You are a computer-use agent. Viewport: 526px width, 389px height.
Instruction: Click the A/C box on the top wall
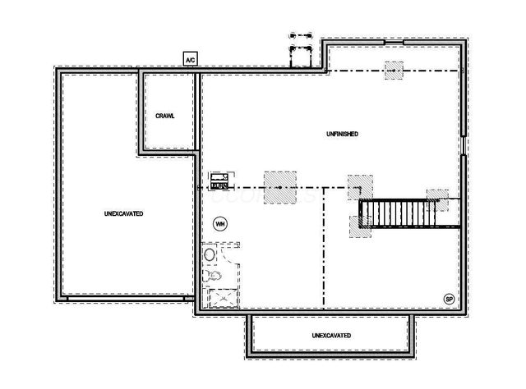[190, 59]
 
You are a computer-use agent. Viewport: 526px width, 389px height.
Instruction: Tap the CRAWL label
[165, 116]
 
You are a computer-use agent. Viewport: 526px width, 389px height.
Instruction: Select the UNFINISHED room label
[340, 134]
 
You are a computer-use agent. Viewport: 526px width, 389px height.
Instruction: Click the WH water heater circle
[219, 222]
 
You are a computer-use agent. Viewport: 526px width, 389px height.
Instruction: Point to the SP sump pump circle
[449, 298]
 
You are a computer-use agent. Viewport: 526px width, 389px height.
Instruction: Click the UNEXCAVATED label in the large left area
[124, 213]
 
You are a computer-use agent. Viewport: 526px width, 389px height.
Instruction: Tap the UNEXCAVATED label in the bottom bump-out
[332, 336]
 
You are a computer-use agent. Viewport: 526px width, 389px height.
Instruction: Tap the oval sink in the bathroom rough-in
[210, 255]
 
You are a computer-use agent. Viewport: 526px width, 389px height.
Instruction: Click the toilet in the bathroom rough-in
[208, 275]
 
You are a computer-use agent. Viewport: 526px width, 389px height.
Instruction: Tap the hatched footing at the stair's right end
[437, 199]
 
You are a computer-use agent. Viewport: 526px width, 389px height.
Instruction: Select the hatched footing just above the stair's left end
[360, 186]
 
